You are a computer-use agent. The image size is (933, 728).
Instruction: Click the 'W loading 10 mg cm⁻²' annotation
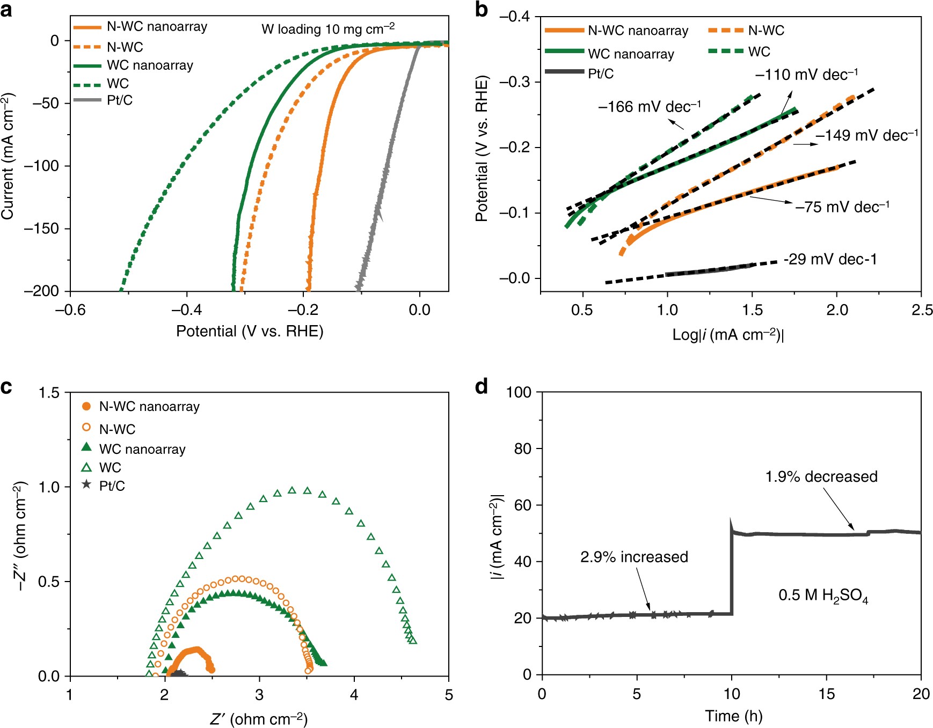(328, 29)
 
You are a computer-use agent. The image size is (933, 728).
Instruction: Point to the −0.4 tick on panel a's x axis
(187, 310)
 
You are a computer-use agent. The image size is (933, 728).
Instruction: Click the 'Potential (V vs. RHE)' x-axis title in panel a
(250, 331)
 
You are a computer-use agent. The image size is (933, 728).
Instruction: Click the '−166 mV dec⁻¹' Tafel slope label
(650, 107)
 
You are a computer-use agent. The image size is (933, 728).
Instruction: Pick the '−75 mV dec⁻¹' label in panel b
(842, 207)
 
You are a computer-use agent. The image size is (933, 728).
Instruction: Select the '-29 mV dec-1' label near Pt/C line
(830, 260)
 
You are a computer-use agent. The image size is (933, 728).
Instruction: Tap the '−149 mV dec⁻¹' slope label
(867, 135)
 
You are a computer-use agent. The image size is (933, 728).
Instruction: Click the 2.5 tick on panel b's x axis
(922, 310)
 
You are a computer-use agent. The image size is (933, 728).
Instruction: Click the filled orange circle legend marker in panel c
(86, 406)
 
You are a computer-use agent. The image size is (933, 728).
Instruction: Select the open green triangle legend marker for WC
(86, 467)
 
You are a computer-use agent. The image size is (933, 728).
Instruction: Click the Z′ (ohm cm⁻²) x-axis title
(259, 719)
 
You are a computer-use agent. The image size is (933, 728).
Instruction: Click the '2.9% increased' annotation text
(634, 557)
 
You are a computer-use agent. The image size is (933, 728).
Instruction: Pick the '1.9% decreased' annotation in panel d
(821, 476)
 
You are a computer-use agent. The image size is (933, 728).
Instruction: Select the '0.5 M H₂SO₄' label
(823, 595)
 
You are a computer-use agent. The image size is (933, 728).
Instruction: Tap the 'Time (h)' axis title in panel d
(733, 716)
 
